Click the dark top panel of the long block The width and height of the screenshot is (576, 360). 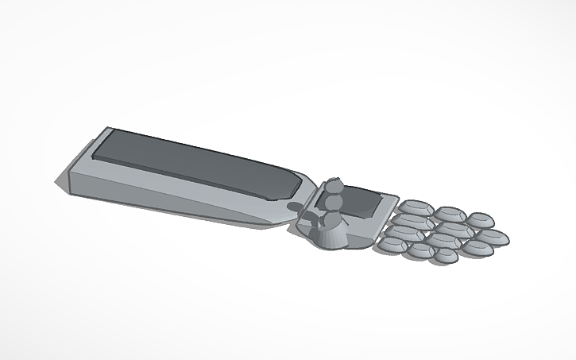point(191,160)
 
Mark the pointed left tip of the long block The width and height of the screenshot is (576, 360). point(58,185)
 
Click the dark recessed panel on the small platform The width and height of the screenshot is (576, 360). point(362,202)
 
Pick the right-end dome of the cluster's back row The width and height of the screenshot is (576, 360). point(481,220)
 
